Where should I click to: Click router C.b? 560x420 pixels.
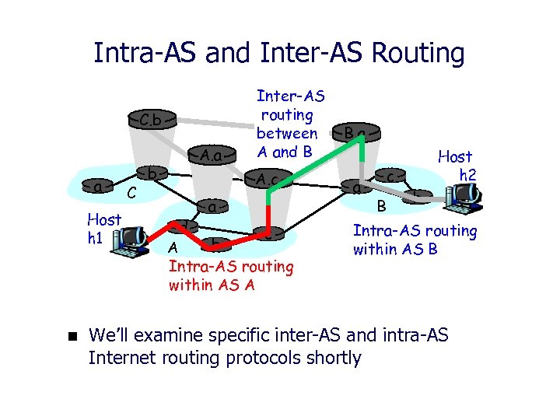point(151,120)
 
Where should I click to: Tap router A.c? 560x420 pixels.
point(268,180)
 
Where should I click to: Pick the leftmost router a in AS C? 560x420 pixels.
point(97,187)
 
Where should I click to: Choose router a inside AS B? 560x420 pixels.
point(356,187)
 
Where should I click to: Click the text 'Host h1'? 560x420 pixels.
point(103,229)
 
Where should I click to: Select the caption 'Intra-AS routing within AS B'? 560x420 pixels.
point(415,240)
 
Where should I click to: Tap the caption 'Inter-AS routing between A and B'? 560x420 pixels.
point(290,124)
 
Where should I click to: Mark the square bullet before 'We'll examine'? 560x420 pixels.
point(68,337)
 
